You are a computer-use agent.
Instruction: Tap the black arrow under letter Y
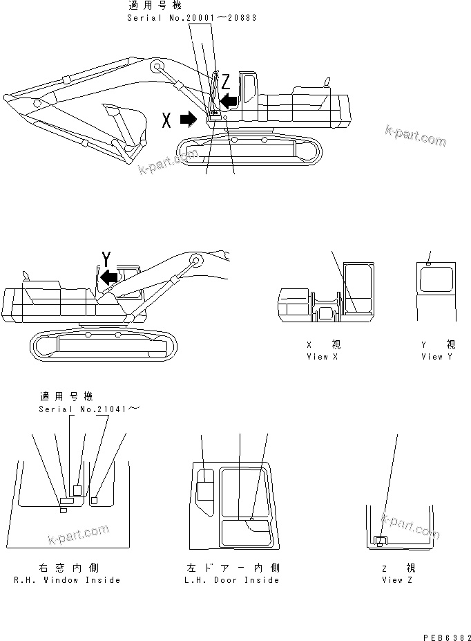tap(107, 277)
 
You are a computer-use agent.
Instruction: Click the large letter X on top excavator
tap(166, 120)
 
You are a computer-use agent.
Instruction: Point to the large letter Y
tap(106, 259)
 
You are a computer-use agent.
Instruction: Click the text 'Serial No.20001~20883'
tap(191, 17)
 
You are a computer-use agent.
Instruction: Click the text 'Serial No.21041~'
tap(90, 409)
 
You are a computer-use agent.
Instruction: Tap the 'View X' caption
tap(323, 357)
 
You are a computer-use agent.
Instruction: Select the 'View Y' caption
tap(437, 357)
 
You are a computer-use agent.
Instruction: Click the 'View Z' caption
tap(396, 580)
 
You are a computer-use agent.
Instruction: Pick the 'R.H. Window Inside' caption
tap(67, 580)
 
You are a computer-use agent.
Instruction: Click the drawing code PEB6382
tap(438, 633)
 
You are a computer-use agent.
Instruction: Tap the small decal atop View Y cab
tap(429, 263)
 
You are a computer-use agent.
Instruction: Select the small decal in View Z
tap(379, 540)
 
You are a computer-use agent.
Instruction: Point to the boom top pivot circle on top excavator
tap(156, 68)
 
